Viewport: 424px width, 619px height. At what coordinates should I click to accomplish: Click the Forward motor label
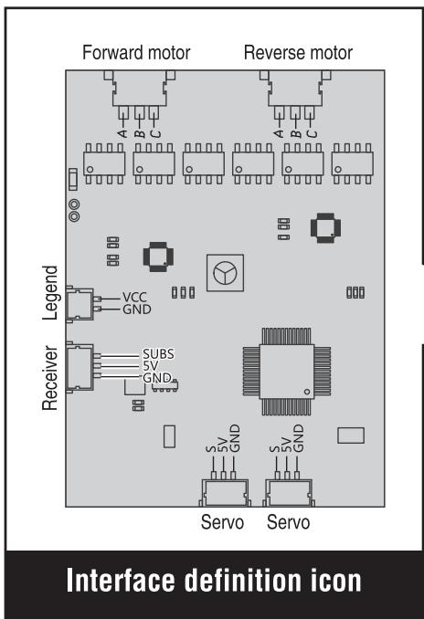[x=136, y=53]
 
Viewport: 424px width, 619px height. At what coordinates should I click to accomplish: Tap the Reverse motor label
[x=298, y=53]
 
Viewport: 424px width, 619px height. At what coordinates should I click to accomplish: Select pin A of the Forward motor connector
[x=123, y=113]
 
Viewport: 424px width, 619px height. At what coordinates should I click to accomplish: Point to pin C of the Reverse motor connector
[x=310, y=113]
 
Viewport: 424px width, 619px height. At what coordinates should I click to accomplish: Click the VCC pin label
[x=134, y=298]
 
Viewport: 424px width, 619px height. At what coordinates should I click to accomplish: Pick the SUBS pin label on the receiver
[x=158, y=354]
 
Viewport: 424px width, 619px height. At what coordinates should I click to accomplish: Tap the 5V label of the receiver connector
[x=150, y=366]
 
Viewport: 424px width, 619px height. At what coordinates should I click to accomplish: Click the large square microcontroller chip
[x=287, y=372]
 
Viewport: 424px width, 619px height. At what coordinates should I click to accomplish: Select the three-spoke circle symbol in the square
[x=225, y=273]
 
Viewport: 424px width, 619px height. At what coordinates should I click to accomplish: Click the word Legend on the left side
[x=50, y=292]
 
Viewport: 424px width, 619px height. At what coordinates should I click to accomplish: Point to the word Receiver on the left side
[x=50, y=378]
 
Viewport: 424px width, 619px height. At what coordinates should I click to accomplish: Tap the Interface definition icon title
[x=214, y=581]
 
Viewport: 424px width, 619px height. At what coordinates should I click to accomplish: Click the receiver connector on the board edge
[x=80, y=368]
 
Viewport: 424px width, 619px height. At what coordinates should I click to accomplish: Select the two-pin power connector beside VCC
[x=80, y=304]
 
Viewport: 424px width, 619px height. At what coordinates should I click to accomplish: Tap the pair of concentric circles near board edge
[x=74, y=210]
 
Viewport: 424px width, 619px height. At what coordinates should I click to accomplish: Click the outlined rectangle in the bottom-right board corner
[x=351, y=435]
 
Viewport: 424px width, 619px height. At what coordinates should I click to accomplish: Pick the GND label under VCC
[x=137, y=309]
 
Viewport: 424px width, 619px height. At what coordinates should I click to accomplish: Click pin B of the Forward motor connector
[x=139, y=113]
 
